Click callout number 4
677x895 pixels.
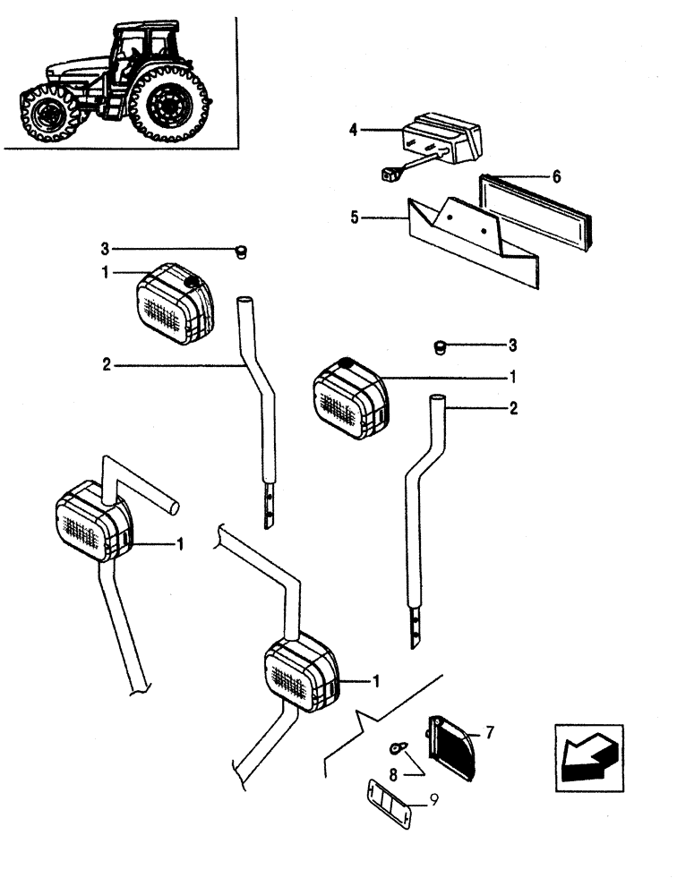pos(354,131)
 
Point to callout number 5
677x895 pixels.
pos(354,217)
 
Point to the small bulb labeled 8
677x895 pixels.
pos(396,746)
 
